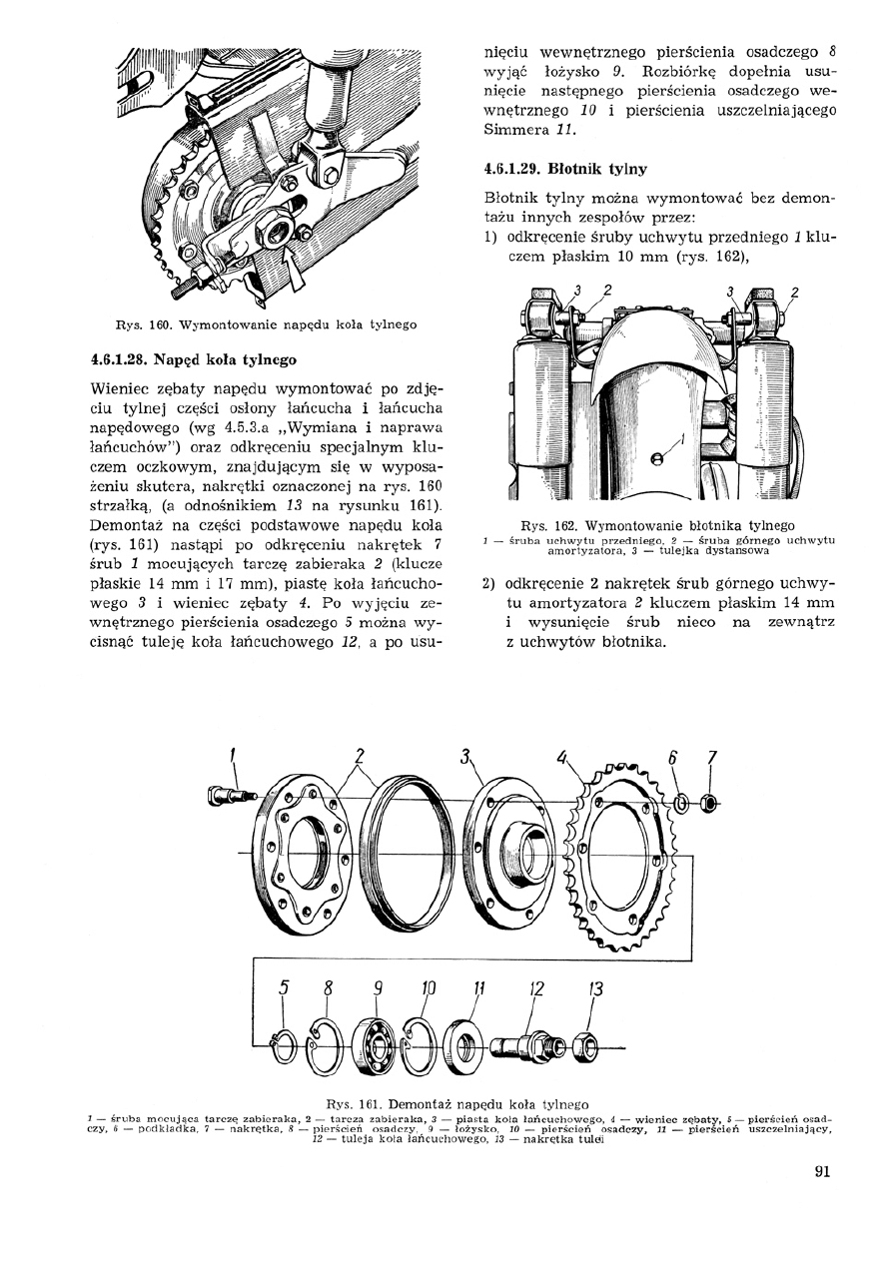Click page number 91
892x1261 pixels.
[822, 1173]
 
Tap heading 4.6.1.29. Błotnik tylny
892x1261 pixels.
[564, 169]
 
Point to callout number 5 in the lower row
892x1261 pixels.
[285, 988]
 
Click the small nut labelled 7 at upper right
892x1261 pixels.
[709, 802]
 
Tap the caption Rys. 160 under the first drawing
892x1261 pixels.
[266, 324]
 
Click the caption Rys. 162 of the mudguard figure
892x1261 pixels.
[657, 524]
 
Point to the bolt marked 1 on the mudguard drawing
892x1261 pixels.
[656, 458]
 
